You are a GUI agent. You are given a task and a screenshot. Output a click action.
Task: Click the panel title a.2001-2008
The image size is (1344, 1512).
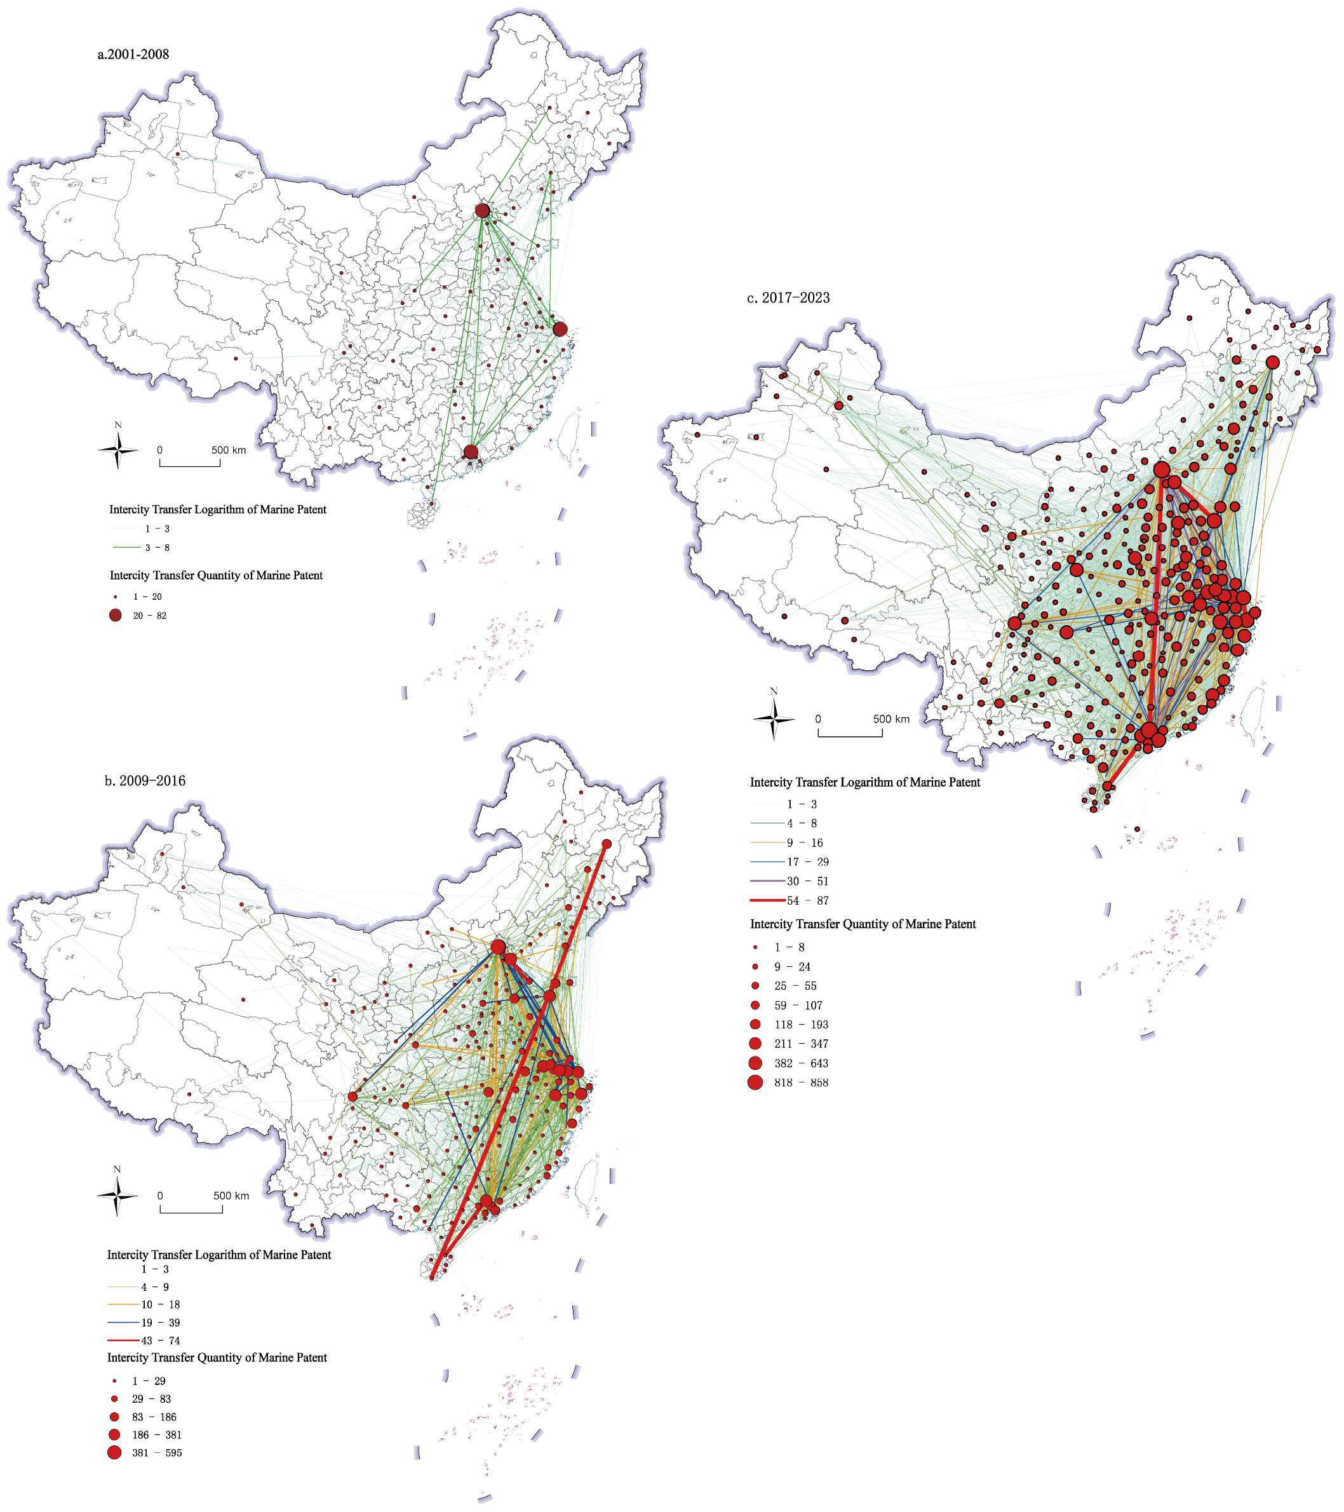tap(133, 54)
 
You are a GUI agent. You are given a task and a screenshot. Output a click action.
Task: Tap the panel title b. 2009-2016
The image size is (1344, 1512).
tap(145, 780)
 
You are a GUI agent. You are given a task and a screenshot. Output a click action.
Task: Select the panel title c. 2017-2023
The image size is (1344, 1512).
tap(788, 298)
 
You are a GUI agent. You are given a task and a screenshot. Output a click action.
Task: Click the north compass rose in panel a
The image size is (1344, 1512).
tap(118, 450)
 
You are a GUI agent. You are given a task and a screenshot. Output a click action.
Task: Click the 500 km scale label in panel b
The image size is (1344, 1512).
tap(232, 1196)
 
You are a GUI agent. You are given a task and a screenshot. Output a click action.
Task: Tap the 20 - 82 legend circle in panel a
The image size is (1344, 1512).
tap(115, 616)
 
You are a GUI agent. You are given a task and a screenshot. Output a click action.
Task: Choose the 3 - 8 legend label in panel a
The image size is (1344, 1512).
tap(157, 548)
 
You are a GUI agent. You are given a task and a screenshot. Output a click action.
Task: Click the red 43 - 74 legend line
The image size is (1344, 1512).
tap(123, 1340)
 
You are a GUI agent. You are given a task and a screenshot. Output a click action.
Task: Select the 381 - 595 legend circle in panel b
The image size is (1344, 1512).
tap(114, 1452)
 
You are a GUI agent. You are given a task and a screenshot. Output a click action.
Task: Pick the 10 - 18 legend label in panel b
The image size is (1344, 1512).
tap(161, 1304)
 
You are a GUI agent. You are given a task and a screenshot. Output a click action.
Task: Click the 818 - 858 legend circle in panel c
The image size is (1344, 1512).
tap(755, 1082)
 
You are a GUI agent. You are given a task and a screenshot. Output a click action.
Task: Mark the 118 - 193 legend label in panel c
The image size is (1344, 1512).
tap(802, 1025)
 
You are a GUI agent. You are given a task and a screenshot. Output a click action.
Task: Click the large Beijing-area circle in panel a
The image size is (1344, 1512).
tap(482, 211)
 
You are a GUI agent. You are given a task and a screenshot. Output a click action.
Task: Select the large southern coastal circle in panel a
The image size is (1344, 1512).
tap(471, 452)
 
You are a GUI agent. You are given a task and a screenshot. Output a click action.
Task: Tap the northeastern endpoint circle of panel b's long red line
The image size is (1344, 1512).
tap(607, 844)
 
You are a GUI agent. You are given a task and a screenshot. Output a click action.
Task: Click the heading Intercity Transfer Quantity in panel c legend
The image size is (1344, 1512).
tap(863, 924)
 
